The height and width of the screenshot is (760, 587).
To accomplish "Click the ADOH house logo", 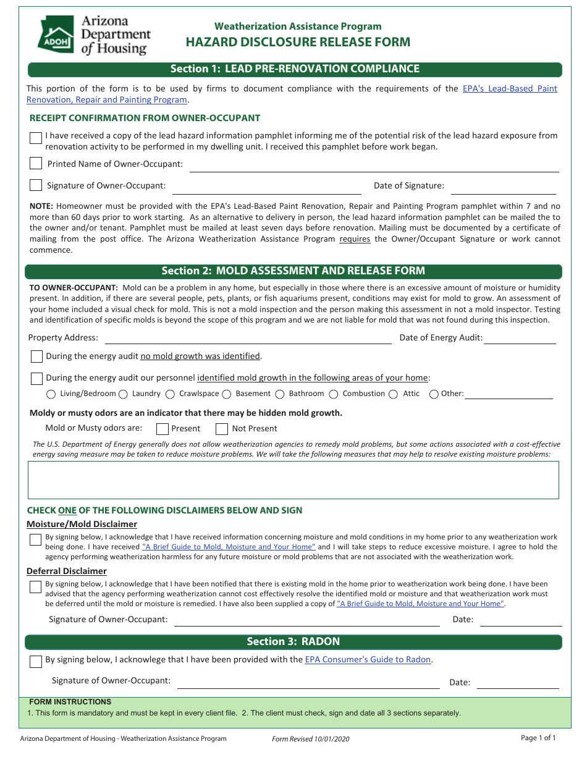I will (x=54, y=36).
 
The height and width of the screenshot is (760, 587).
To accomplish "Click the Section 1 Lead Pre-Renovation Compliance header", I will (x=294, y=69).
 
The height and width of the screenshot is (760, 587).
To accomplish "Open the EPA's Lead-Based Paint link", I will (x=509, y=88).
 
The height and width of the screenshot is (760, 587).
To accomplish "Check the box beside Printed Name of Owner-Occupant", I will (x=36, y=164).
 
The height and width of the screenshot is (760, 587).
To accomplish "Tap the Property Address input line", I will (x=248, y=338).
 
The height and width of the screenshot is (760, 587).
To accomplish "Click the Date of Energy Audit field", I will (x=520, y=338).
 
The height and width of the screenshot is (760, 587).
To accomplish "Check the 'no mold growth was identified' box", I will (x=37, y=357).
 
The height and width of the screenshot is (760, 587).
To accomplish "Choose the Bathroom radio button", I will (x=280, y=394).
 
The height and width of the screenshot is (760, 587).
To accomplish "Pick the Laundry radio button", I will (x=123, y=394).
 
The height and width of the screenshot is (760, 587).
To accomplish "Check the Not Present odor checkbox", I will (x=222, y=429).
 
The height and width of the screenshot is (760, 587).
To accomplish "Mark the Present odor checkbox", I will (x=163, y=429).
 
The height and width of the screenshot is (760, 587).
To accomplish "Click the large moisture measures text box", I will (x=293, y=479).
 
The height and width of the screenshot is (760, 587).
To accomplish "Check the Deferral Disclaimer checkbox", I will (x=36, y=587).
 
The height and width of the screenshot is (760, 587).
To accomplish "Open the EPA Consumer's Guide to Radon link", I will (x=368, y=659).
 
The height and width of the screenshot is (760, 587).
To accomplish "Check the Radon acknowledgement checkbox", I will (x=36, y=662).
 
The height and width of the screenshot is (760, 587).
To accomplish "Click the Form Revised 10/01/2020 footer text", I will (x=311, y=739).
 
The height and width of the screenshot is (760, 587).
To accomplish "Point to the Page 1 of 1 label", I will (x=538, y=738).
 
